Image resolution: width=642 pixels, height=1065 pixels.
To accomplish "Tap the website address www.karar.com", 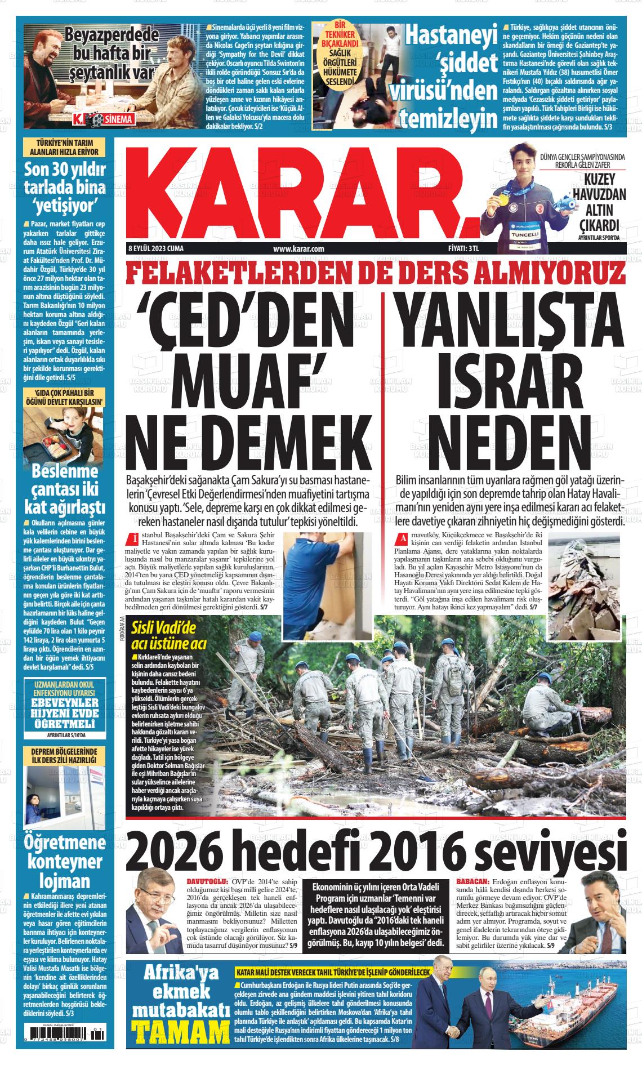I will [x=298, y=248].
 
